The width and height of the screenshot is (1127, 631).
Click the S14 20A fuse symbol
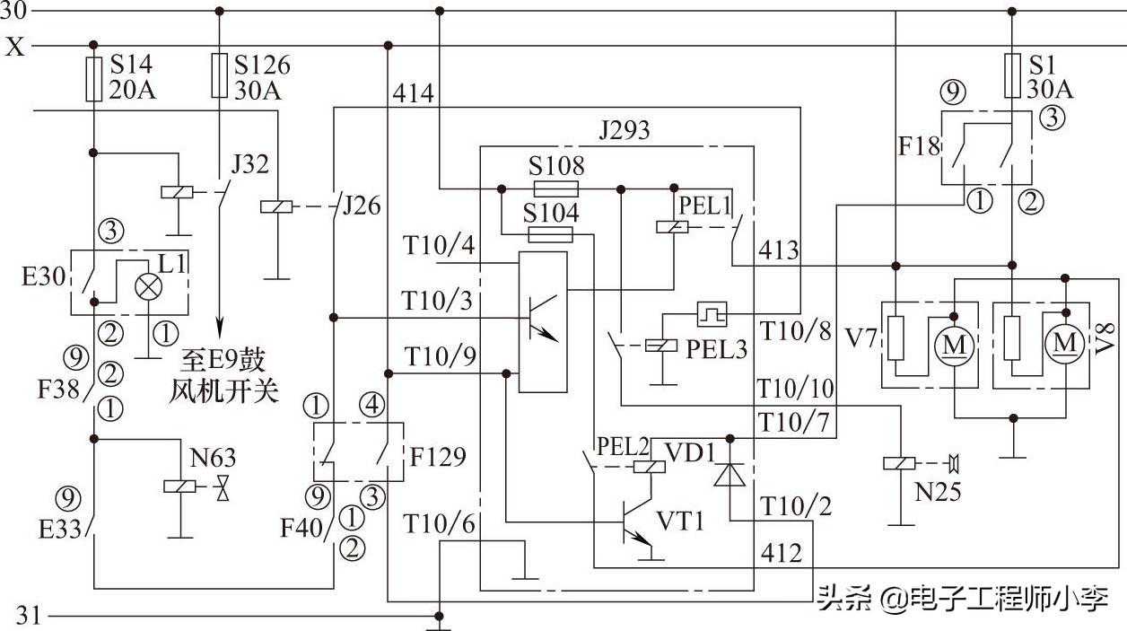pos(94,79)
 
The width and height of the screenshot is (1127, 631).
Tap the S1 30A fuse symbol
pos(1012,74)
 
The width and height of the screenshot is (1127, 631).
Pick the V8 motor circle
pos(1066,341)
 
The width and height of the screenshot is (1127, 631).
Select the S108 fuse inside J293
pos(555,188)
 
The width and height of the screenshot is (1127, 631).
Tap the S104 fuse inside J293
pos(551,234)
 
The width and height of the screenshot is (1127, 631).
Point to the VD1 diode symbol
pos(730,476)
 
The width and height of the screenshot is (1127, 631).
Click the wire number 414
pos(413,93)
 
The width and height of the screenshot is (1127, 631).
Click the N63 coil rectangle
pos(177,485)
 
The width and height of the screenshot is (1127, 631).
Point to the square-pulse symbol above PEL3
pos(712,313)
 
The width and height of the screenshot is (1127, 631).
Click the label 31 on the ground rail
pos(30,617)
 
